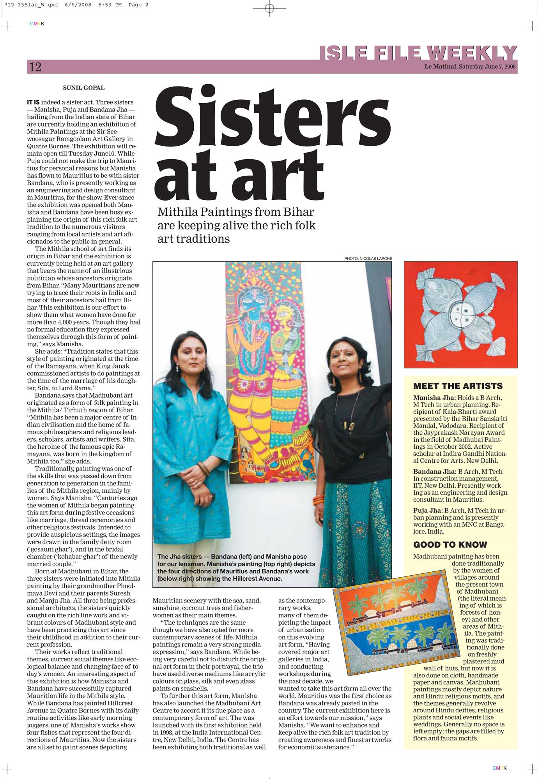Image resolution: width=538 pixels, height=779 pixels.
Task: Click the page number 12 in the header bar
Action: (x=35, y=67)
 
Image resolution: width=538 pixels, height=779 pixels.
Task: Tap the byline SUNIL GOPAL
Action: (x=84, y=88)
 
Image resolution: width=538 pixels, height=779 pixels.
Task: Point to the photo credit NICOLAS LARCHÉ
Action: (x=368, y=258)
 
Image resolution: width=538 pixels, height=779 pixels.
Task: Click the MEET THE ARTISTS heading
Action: (x=458, y=386)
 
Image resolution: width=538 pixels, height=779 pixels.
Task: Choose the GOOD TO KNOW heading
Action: (x=450, y=545)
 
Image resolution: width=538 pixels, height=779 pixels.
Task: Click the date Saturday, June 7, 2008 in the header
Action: (x=487, y=67)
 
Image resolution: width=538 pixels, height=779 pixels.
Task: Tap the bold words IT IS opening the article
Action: (x=33, y=102)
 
